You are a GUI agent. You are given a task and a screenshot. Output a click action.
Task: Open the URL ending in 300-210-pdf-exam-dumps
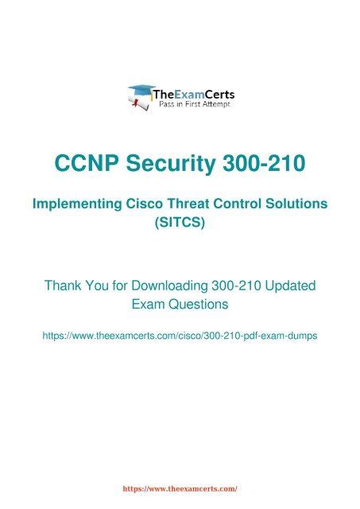pos(180,336)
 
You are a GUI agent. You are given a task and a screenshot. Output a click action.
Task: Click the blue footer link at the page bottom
pos(180,492)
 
